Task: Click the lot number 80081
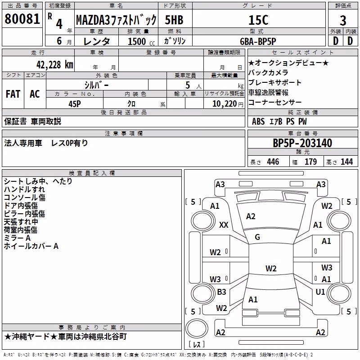pos(22,19)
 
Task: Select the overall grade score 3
pos(343,21)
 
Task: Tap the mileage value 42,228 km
pos(55,65)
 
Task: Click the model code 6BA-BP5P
pos(258,41)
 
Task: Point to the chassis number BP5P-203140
pos(302,143)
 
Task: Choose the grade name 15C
pos(258,20)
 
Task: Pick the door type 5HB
pos(174,20)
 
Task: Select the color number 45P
pos(75,104)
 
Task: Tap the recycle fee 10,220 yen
pos(228,104)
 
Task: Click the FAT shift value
pos(13,94)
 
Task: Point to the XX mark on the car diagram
pos(224,225)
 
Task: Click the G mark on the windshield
pos(257,237)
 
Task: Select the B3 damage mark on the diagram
pos(221,292)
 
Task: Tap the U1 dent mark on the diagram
pos(320,292)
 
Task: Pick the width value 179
pos(310,162)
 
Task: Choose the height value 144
pos(346,162)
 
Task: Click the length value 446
pos(273,162)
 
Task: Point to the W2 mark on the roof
pos(271,268)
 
